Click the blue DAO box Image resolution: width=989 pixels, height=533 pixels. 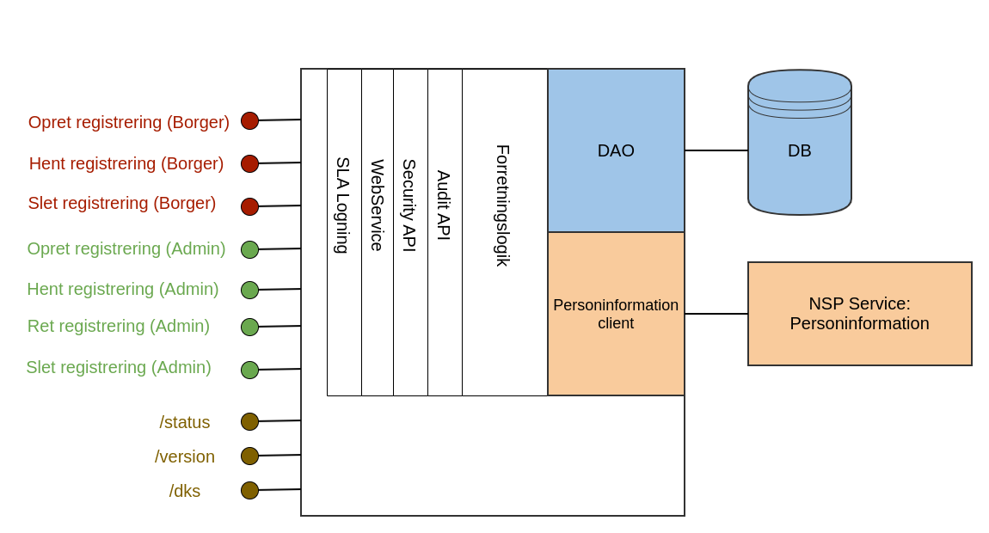click(616, 150)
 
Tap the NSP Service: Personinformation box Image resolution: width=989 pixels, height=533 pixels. click(859, 314)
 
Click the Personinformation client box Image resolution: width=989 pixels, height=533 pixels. click(616, 314)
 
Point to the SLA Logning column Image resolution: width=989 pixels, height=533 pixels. click(343, 205)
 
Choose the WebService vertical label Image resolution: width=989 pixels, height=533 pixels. click(377, 205)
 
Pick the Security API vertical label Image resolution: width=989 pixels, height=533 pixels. click(409, 205)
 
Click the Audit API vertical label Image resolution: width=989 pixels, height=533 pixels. click(444, 205)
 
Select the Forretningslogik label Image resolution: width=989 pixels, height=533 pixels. click(503, 205)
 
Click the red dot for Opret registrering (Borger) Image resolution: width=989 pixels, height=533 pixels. click(249, 120)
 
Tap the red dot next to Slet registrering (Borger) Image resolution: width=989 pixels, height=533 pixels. click(249, 206)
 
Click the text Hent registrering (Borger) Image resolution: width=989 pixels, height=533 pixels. click(126, 163)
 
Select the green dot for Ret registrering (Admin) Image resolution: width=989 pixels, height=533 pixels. click(249, 327)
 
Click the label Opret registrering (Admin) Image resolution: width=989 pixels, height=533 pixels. click(126, 248)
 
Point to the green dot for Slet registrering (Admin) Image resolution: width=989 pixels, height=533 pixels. click(249, 370)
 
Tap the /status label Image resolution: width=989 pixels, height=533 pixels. click(185, 422)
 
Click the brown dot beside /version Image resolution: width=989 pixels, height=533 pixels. click(249, 456)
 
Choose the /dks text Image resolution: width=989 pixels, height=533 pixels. click(185, 491)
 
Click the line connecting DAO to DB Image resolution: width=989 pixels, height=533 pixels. click(716, 150)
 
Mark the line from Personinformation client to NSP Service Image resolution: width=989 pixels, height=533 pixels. click(716, 314)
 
